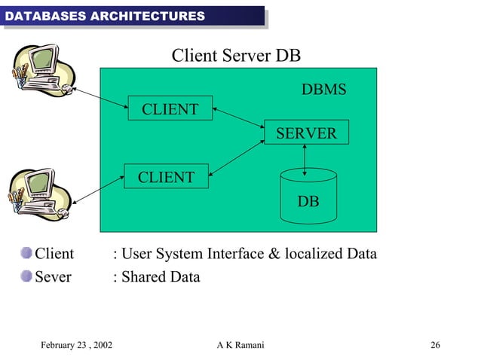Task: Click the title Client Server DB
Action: tap(237, 56)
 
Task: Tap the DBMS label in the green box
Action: tap(323, 90)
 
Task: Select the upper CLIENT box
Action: tap(170, 109)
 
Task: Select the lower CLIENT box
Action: tap(166, 176)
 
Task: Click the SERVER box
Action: tap(306, 133)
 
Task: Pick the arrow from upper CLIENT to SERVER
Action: tap(237, 117)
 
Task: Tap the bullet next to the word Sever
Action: tap(27, 276)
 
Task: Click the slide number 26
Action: tap(435, 345)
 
